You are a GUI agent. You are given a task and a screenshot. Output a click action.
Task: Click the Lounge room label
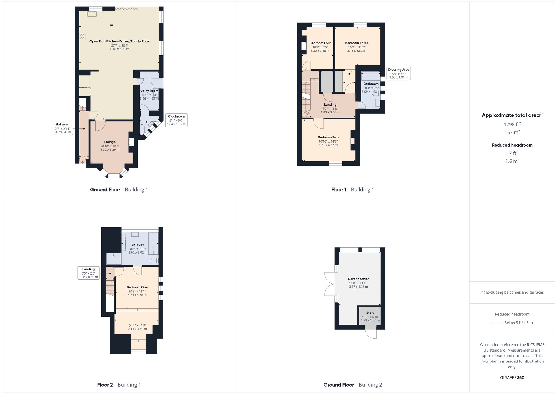tap(110, 142)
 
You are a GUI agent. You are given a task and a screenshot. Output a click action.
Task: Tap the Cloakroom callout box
tap(177, 120)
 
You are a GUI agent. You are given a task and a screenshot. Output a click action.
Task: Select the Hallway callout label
tap(62, 128)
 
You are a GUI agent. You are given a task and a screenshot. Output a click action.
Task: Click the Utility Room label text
tap(149, 91)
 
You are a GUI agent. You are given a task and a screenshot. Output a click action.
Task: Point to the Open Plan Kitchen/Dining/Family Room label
tap(120, 41)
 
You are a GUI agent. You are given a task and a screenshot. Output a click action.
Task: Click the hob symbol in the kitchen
tap(82, 36)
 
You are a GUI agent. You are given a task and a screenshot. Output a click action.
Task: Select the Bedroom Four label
tap(320, 43)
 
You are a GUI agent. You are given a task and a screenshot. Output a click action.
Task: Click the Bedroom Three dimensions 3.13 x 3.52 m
tap(357, 51)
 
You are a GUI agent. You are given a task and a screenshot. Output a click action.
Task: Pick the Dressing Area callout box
tap(399, 73)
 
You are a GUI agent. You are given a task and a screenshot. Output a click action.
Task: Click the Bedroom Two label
tap(328, 137)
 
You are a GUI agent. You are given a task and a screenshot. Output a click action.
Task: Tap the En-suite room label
tap(138, 245)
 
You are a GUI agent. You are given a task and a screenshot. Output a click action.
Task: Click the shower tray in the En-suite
tap(114, 258)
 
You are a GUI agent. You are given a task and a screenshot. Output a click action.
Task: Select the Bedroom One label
tap(137, 287)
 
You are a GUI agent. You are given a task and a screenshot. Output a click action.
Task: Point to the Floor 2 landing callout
tap(88, 273)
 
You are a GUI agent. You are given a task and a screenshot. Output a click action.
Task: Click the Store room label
tap(370, 313)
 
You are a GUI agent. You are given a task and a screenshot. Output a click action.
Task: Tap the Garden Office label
tap(358, 279)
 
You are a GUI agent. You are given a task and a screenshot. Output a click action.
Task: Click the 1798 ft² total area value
tap(512, 124)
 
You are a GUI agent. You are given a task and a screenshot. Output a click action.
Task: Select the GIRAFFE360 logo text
tap(512, 378)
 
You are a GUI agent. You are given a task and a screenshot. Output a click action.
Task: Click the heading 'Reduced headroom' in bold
tap(512, 145)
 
